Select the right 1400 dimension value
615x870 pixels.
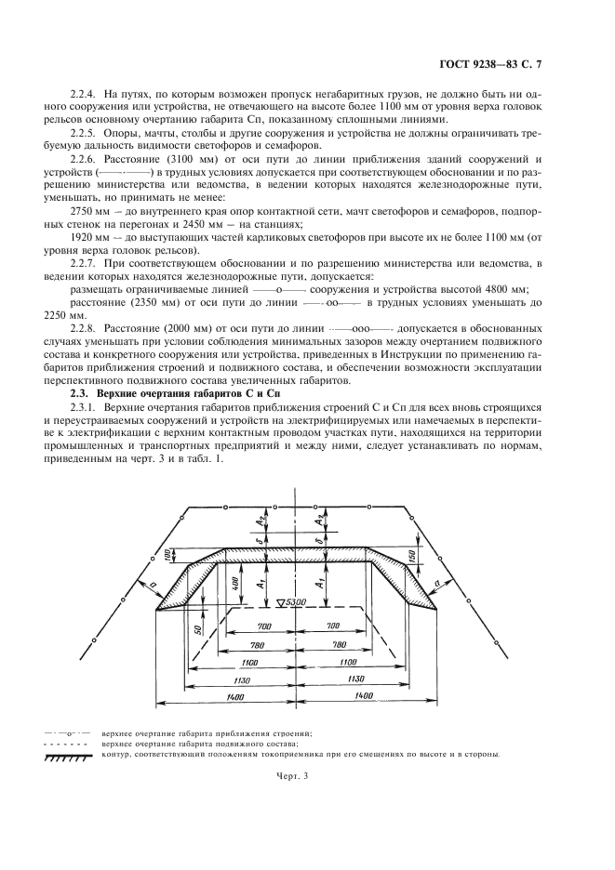[x=364, y=695]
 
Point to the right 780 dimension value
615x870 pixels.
[x=340, y=644]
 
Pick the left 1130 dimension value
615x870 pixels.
[x=240, y=679]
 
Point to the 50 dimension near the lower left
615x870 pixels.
[x=199, y=628]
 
